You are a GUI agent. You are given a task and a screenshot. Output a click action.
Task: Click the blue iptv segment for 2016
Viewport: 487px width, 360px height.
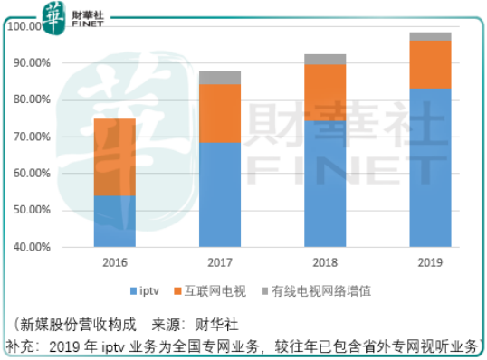[x=115, y=221]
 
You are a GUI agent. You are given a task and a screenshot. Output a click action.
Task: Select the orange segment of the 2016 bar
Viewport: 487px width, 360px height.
[x=115, y=156]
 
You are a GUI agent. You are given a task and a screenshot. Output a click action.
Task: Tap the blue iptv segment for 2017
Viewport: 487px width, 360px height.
[x=220, y=194]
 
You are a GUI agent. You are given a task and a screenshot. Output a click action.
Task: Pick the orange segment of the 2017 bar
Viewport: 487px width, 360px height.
[x=220, y=113]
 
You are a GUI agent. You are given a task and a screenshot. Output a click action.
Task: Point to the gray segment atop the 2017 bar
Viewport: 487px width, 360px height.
[x=220, y=77]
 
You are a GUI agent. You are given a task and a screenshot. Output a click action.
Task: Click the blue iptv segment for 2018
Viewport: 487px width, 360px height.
[x=325, y=184]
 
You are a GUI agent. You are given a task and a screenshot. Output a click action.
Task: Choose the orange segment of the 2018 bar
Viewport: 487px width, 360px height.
[x=325, y=92]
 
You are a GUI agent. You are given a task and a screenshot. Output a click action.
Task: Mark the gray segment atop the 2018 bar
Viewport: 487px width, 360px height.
[x=325, y=59]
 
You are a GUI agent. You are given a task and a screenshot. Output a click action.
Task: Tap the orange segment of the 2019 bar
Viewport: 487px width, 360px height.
[x=430, y=64]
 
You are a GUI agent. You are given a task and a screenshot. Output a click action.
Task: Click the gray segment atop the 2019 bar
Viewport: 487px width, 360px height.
[x=430, y=36]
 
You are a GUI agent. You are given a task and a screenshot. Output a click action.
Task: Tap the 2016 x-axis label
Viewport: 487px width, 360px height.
[x=115, y=263]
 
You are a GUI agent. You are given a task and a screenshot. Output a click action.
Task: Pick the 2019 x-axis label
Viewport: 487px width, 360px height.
[x=430, y=263]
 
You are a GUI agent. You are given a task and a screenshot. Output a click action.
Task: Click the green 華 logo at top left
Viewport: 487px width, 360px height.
[x=57, y=14]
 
